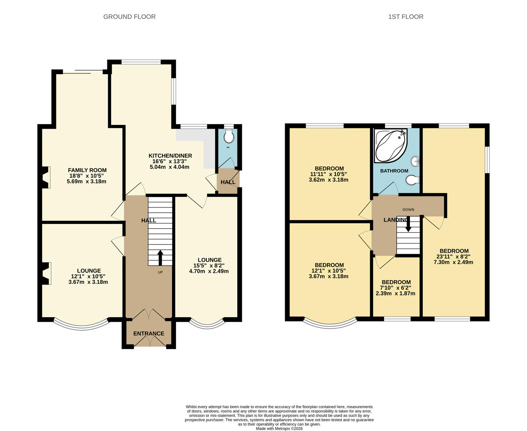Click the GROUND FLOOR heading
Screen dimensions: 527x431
129,17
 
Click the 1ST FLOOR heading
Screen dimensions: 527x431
406,17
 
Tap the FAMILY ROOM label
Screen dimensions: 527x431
87,170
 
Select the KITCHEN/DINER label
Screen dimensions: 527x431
170,156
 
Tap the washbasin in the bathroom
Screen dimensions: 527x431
415,161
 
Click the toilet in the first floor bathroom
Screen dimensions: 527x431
413,180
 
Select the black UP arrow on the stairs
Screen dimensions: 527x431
160,257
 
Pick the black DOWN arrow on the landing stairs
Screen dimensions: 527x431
408,224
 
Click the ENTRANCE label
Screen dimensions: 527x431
149,334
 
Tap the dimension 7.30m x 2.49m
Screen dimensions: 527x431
453,262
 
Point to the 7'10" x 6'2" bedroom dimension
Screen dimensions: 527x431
396,288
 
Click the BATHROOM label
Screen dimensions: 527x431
394,171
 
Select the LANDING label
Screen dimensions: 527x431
396,220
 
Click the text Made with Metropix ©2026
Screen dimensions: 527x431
279,429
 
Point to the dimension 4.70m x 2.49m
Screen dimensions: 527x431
209,271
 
